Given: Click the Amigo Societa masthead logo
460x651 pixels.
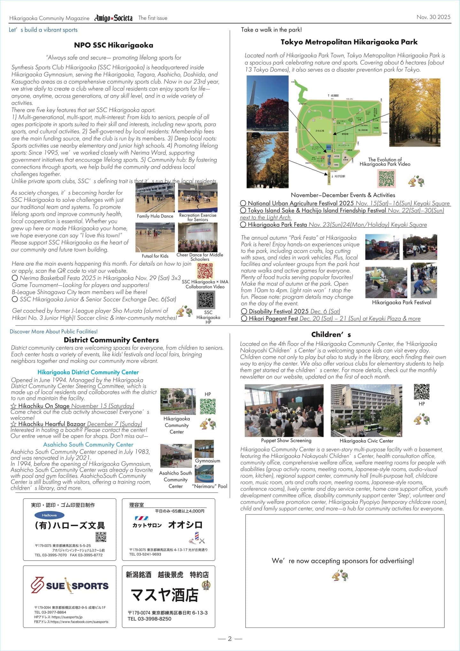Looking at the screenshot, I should (113, 18).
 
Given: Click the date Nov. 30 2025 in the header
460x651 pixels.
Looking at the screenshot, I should (433, 17).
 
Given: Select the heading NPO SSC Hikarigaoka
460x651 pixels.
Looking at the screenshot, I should (113, 45).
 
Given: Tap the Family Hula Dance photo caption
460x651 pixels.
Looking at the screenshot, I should (155, 216).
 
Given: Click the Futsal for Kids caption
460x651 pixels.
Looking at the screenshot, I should (155, 256).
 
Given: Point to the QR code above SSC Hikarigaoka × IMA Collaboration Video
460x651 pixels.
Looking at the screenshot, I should (205, 271).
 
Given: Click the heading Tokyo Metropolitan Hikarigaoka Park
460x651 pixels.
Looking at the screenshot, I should (349, 42).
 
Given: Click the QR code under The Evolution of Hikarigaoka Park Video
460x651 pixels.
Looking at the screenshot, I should (387, 178).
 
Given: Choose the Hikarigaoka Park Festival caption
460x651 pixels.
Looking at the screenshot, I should (401, 302).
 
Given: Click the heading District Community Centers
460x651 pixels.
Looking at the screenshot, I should (111, 340).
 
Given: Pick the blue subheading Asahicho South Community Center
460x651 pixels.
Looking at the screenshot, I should (88, 444).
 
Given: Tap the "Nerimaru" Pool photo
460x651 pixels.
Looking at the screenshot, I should (204, 474).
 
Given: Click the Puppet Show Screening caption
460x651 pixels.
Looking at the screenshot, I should (286, 441).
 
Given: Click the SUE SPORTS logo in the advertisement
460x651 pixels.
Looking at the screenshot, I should (70, 585).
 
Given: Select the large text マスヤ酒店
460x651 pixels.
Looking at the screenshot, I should (165, 595).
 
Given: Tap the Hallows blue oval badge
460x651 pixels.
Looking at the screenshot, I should (49, 515).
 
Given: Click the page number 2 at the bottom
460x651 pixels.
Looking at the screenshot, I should (230, 639).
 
